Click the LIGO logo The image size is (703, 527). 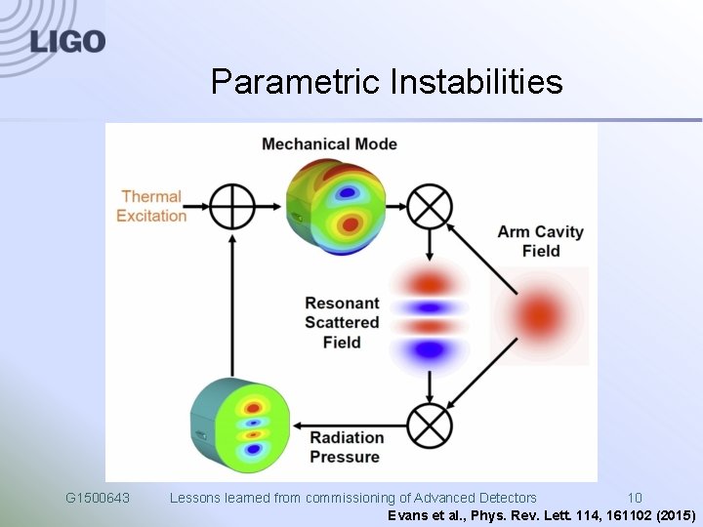coord(66,41)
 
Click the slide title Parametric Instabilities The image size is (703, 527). coord(387,82)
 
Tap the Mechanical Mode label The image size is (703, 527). coord(329,144)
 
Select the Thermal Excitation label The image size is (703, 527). coord(151,206)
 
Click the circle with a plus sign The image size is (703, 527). coord(232,206)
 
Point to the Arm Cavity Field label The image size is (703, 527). coord(540,241)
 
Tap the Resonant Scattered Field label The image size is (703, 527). coord(342,322)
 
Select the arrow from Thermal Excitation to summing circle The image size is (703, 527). coord(197,206)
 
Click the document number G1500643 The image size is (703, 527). coord(98,498)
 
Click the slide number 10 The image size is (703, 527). coord(635,498)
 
